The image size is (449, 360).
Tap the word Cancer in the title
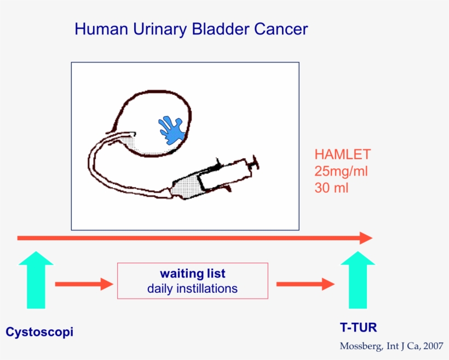pyautogui.click(x=281, y=29)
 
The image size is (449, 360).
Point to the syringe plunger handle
pyautogui.click(x=253, y=162)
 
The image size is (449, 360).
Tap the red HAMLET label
pyautogui.click(x=342, y=154)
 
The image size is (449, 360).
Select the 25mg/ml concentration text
pyautogui.click(x=341, y=171)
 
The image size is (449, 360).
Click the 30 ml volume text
pyautogui.click(x=332, y=187)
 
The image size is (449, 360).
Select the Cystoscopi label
pyautogui.click(x=39, y=332)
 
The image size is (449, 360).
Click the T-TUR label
pyautogui.click(x=358, y=328)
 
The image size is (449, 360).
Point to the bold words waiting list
pyautogui.click(x=192, y=274)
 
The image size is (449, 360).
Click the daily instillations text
pyautogui.click(x=192, y=288)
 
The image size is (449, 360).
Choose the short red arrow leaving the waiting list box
pyautogui.click(x=305, y=284)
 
